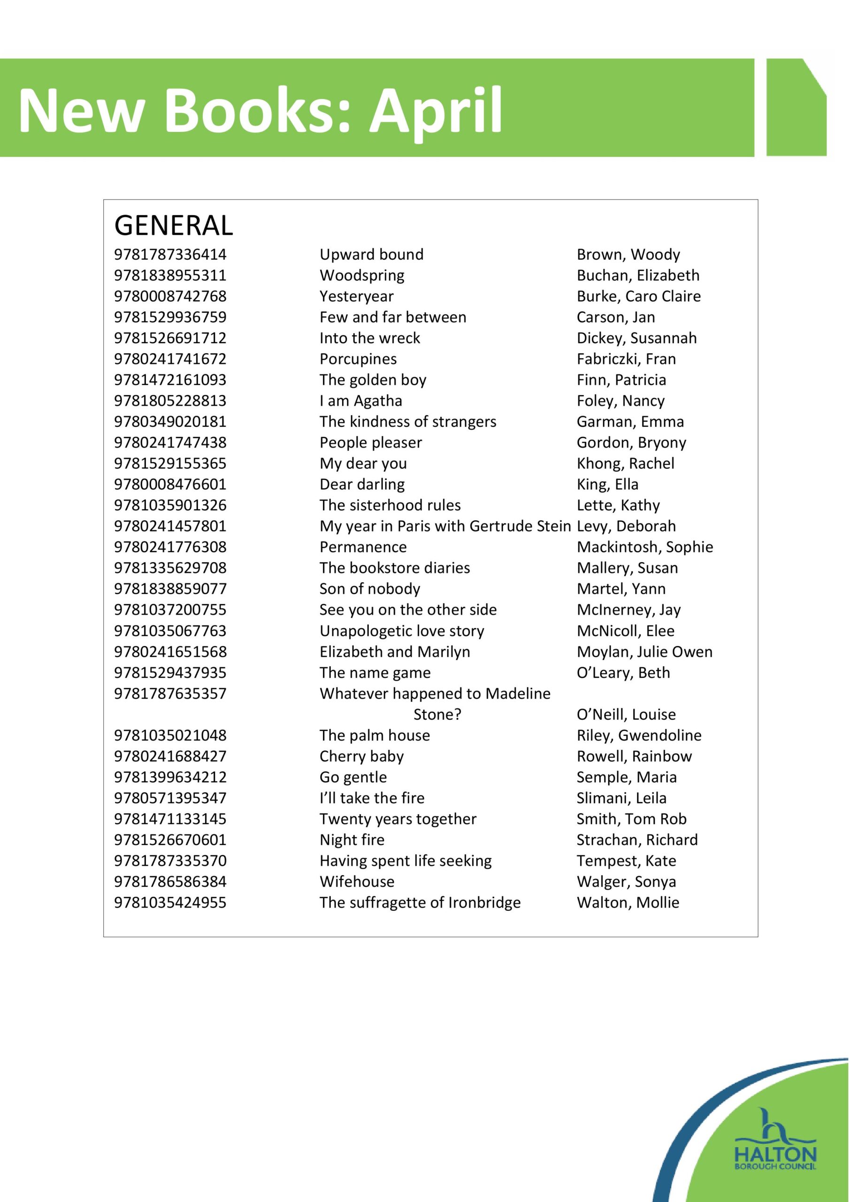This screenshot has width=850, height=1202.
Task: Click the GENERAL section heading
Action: [x=173, y=226]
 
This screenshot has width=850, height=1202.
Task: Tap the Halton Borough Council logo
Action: [x=775, y=1151]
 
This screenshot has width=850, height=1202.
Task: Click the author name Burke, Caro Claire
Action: [x=638, y=297]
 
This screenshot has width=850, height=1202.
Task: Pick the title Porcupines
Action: [x=358, y=360]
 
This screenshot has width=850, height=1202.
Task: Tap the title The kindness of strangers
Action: [x=408, y=422]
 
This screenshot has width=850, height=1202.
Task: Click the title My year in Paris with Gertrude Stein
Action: [x=445, y=527]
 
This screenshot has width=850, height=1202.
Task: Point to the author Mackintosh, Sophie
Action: [x=644, y=547]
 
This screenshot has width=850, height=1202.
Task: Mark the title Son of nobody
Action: [x=369, y=589]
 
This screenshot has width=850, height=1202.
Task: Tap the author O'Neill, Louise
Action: [x=626, y=715]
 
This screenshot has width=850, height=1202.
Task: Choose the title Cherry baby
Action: [x=362, y=757]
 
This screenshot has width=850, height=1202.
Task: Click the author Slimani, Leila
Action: [x=621, y=799]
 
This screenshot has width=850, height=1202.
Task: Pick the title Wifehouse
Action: [x=357, y=882]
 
